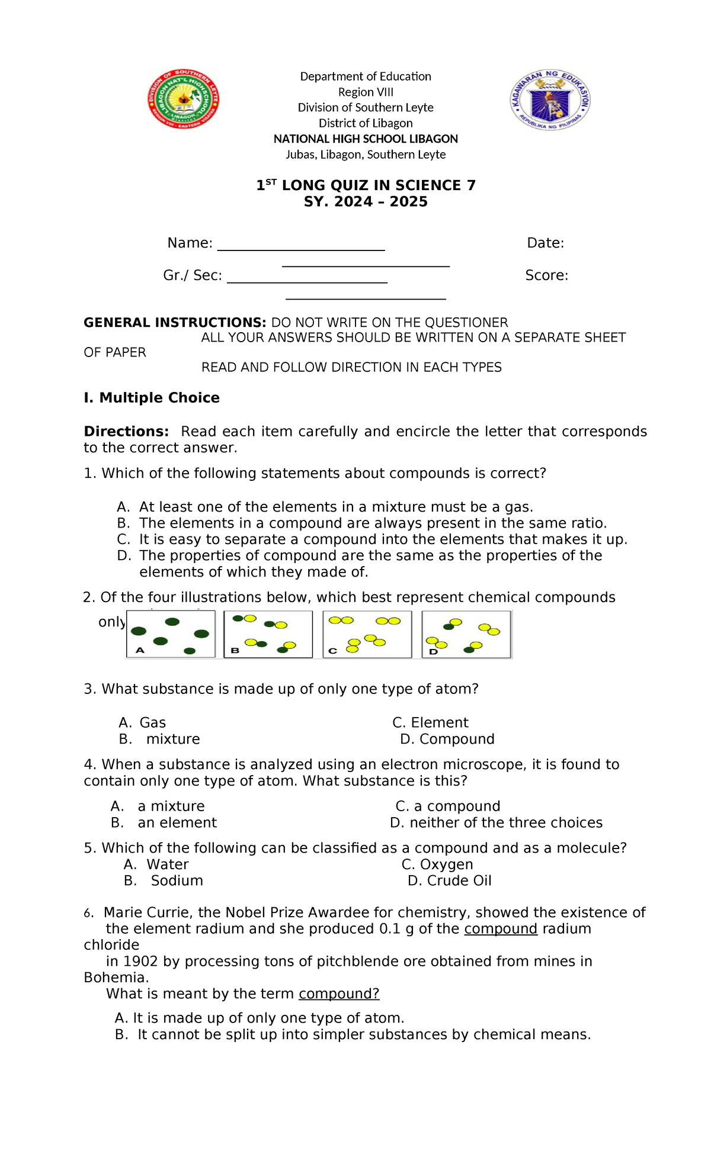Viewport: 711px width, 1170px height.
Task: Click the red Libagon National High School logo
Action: coord(183,99)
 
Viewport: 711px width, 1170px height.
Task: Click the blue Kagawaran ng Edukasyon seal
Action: coord(550,99)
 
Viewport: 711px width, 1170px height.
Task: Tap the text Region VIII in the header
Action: coord(366,92)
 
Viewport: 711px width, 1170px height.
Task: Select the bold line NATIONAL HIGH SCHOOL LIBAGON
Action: coord(366,139)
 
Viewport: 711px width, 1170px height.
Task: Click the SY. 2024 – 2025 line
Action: coord(366,202)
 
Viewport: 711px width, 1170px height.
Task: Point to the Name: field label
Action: coord(190,243)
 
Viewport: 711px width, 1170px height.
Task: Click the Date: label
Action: coord(545,243)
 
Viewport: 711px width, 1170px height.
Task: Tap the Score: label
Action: coord(546,275)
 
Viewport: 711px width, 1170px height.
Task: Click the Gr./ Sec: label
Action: coord(193,275)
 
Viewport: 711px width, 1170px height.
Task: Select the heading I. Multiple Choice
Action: coord(152,398)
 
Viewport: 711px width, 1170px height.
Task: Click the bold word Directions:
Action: coord(126,432)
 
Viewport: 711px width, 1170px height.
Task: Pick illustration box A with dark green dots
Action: coord(171,634)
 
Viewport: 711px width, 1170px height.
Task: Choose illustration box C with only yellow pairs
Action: coord(367,634)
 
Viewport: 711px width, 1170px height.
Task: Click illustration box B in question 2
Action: coord(268,634)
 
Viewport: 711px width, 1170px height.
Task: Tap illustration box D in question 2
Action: coord(466,634)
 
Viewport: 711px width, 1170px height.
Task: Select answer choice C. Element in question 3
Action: coord(430,723)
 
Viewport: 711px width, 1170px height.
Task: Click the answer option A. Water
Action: coord(156,864)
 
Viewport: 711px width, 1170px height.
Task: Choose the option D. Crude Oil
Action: coord(450,881)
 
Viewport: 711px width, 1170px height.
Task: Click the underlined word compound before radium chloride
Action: coord(501,929)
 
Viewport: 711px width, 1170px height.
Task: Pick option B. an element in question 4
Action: coord(164,823)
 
